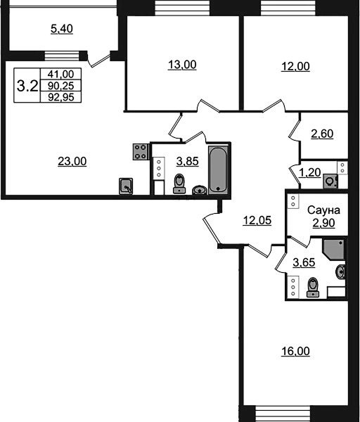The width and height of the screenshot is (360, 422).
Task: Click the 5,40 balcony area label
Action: [62, 29]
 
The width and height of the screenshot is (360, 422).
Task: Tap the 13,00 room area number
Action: [182, 65]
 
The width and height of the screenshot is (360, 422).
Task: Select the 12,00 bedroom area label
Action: [295, 66]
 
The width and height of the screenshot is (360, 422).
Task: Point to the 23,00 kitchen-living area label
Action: [72, 161]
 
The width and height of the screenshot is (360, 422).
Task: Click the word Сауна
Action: [323, 210]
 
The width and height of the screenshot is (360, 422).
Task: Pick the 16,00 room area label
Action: [295, 351]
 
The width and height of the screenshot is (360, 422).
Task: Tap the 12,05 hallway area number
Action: [257, 220]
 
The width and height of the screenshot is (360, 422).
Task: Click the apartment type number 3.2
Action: [27, 86]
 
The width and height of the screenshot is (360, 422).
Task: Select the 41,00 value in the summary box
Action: [60, 74]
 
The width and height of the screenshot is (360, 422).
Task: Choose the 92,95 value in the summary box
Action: [60, 97]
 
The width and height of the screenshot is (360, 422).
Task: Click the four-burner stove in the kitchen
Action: [141, 152]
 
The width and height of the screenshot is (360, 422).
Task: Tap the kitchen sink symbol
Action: [126, 186]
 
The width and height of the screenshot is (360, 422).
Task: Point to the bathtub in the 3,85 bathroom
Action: [218, 170]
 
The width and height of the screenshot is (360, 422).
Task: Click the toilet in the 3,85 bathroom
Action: [179, 184]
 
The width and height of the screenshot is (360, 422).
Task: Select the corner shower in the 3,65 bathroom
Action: [334, 249]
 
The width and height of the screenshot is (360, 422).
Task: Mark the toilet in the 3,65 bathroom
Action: [313, 287]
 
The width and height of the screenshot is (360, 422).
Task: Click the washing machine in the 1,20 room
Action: [330, 181]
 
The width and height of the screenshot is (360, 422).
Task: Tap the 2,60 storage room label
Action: [322, 134]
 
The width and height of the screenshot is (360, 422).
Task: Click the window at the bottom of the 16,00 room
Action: [283, 414]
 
